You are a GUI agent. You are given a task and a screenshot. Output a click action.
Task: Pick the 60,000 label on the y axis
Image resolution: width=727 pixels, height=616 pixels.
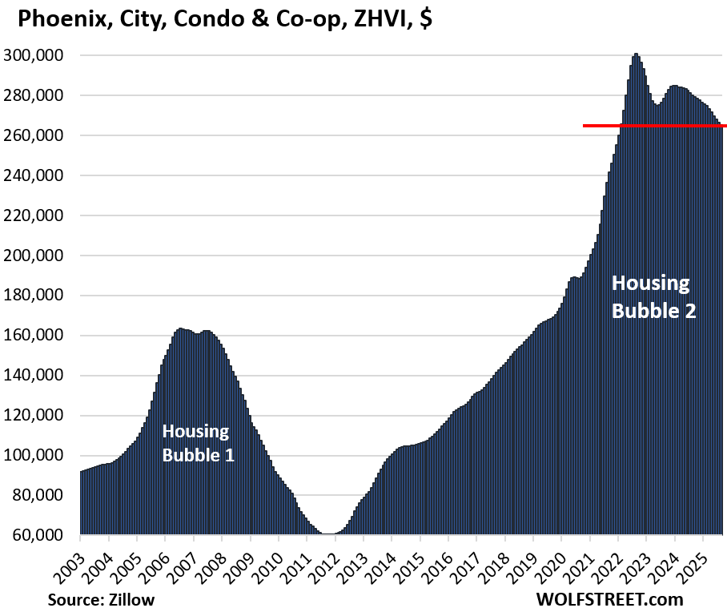(41, 536)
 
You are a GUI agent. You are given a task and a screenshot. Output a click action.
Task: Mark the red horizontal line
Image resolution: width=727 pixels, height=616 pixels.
(653, 126)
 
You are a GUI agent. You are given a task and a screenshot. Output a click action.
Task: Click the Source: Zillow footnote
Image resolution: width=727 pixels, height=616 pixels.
(100, 599)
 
